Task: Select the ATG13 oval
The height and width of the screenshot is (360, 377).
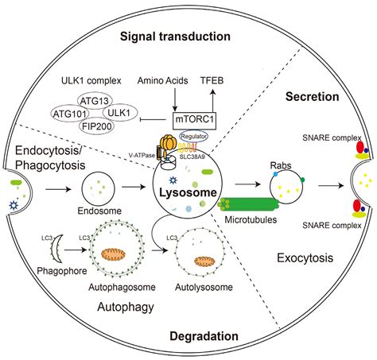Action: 95,102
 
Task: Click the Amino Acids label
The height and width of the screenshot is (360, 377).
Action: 161,82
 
